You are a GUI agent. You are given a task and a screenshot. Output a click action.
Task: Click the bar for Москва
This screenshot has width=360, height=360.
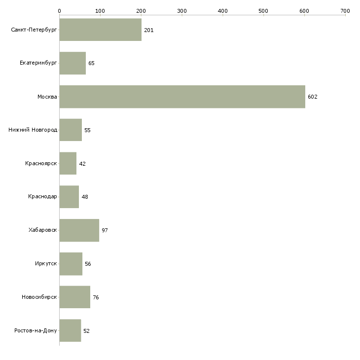click(x=182, y=97)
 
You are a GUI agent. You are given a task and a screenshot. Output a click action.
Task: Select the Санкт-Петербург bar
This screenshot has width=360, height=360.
click(x=100, y=30)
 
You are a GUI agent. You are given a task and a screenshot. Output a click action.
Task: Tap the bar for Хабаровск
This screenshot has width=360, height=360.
click(x=79, y=230)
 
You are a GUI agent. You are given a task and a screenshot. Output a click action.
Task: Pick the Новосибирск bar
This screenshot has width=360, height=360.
click(x=74, y=297)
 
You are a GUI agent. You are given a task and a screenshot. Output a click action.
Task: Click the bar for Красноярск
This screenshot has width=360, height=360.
click(x=68, y=163)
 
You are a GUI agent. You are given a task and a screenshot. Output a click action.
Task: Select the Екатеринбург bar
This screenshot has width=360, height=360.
click(x=72, y=63)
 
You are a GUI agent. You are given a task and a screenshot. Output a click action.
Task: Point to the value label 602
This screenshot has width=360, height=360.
click(x=313, y=97)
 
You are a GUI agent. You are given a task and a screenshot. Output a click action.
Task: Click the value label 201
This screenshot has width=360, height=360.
click(x=149, y=30)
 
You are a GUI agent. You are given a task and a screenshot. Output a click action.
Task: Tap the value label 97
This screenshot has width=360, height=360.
click(x=105, y=230)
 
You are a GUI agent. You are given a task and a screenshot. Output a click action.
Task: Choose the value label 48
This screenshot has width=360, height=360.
click(x=85, y=197)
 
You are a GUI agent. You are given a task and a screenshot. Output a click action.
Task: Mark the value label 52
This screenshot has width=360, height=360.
click(x=87, y=330)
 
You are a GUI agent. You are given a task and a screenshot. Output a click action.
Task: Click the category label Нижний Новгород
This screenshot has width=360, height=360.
click(x=33, y=130)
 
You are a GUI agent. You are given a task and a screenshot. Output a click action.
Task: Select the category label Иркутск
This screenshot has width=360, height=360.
click(x=46, y=264)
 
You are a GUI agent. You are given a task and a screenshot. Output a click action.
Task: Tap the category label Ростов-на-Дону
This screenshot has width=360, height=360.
click(x=36, y=330)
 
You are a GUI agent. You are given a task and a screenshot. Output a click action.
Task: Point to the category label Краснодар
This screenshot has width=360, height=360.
click(x=42, y=197)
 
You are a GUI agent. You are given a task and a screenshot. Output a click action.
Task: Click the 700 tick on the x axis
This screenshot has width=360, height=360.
click(x=345, y=10)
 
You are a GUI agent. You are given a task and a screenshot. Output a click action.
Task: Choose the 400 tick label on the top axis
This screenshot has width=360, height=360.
click(x=222, y=10)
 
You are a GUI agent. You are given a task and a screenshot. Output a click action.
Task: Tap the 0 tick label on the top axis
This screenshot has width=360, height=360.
click(x=59, y=10)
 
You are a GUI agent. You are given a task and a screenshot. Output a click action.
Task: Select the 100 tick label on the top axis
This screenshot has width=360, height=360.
click(x=100, y=10)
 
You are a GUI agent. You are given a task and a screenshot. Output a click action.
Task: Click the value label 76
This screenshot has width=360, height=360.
click(x=96, y=297)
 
